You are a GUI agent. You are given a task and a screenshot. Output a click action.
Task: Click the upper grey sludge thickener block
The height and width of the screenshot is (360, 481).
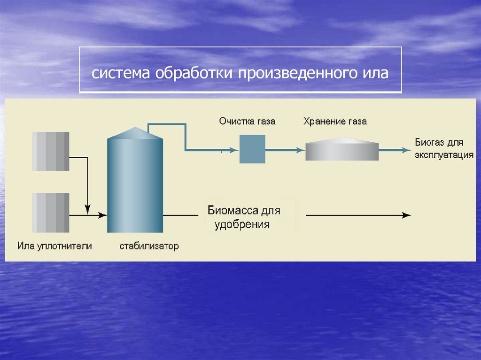[x=51, y=151]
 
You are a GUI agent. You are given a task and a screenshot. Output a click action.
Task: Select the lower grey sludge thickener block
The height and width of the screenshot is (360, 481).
[x=51, y=213]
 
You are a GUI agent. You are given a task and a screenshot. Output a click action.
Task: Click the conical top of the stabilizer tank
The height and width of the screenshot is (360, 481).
[x=135, y=134]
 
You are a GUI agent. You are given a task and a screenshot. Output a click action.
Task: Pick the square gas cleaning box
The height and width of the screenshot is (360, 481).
[x=252, y=149]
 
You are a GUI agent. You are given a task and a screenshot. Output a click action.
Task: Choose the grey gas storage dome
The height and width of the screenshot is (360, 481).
[x=342, y=150]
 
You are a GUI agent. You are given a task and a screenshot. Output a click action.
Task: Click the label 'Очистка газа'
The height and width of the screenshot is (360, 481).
[x=247, y=122]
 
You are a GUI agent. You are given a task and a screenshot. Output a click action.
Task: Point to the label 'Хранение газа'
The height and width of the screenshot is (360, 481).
[x=335, y=122]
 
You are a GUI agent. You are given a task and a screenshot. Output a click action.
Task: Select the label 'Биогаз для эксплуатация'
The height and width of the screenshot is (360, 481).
[x=443, y=148]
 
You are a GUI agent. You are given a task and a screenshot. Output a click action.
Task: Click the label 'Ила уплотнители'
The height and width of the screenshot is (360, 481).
[x=54, y=246]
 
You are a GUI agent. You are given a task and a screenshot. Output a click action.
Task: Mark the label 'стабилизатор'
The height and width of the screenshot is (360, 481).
[x=149, y=246]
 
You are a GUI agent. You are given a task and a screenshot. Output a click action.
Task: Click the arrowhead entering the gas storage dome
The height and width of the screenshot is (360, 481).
[x=301, y=150]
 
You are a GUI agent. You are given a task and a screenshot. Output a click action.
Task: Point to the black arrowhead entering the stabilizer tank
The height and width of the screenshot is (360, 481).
[x=102, y=215]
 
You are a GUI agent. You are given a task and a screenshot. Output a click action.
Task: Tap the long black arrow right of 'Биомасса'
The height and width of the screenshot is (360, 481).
[x=358, y=215]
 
